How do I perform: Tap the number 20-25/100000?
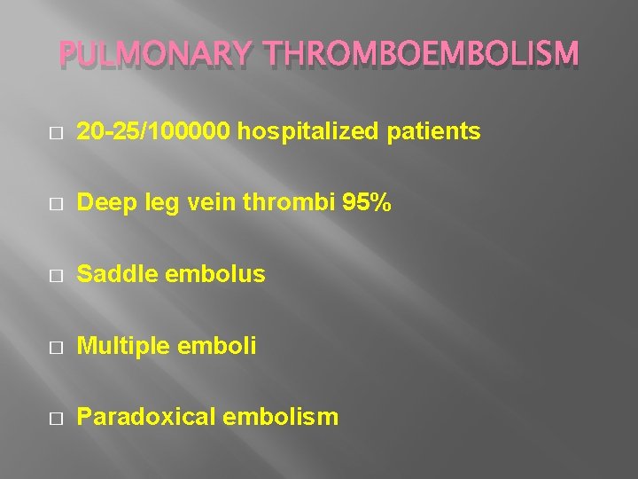pos(155,133)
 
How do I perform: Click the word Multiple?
pos(119,346)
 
